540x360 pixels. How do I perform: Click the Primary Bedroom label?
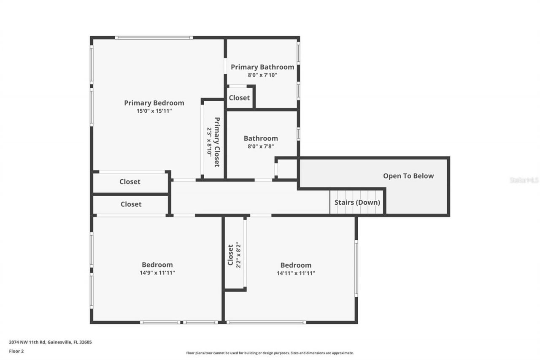(x=154, y=103)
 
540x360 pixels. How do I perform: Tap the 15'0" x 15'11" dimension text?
(x=154, y=111)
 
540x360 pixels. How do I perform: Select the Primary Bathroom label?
(x=262, y=67)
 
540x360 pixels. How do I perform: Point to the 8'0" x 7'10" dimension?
(x=262, y=75)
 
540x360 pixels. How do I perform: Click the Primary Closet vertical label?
(x=217, y=142)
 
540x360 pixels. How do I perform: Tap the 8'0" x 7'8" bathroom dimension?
(x=261, y=146)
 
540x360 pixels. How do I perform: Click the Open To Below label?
(x=408, y=176)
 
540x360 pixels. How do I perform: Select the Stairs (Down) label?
(x=357, y=202)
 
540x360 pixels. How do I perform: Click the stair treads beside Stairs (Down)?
(x=336, y=202)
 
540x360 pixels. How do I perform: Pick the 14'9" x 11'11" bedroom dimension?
(x=157, y=273)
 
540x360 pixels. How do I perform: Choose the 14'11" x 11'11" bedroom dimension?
(x=296, y=273)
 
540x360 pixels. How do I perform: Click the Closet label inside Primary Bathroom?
(x=239, y=97)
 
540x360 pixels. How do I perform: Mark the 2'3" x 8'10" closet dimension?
(x=209, y=142)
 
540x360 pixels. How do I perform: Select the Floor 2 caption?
(x=16, y=351)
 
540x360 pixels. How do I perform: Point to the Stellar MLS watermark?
(x=524, y=180)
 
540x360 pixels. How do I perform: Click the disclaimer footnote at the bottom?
(x=270, y=353)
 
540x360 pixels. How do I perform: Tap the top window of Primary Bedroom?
(x=154, y=38)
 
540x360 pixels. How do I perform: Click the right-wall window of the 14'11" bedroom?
(x=356, y=268)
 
